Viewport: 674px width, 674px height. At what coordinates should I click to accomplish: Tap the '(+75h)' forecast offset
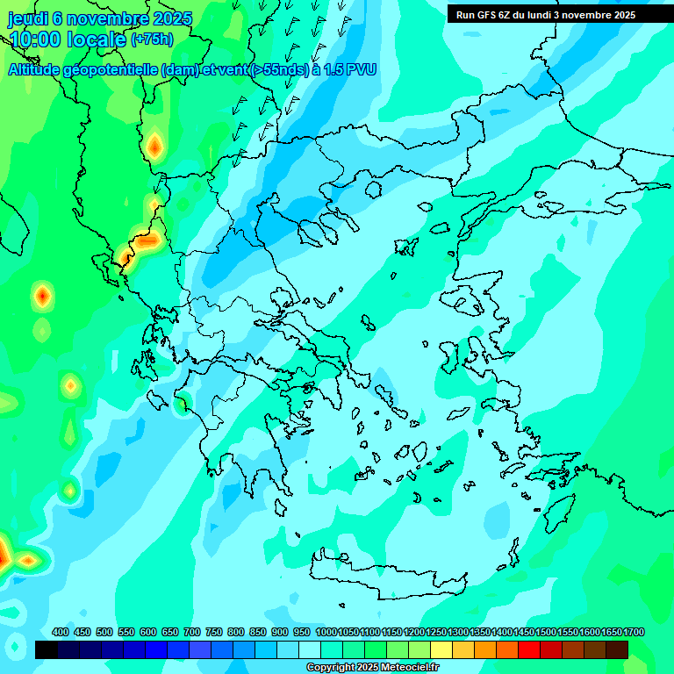(x=152, y=39)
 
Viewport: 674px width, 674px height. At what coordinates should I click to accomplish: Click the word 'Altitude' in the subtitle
(x=41, y=69)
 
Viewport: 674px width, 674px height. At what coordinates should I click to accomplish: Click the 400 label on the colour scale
(x=60, y=632)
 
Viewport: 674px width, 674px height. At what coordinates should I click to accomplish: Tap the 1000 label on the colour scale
(x=326, y=632)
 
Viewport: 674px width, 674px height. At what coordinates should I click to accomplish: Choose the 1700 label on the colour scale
(x=635, y=632)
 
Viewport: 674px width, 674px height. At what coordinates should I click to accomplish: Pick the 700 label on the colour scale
(x=192, y=632)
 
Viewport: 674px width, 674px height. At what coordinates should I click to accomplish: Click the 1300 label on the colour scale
(x=457, y=632)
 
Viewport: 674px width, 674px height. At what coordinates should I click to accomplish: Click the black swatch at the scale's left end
(x=47, y=649)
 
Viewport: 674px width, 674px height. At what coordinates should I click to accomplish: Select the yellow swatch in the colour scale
(x=441, y=649)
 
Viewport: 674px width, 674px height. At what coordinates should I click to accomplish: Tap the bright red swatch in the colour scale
(x=529, y=649)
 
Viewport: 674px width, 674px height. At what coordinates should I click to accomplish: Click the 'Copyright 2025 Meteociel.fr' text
(x=373, y=668)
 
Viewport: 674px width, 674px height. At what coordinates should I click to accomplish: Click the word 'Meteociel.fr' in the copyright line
(x=410, y=668)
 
